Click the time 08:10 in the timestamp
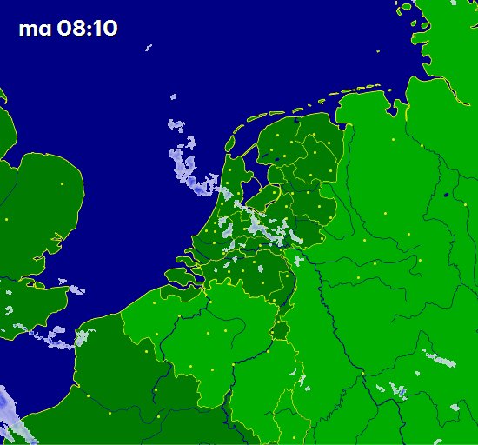point(87,29)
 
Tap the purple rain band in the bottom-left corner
point(12,413)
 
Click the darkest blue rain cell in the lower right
point(402,393)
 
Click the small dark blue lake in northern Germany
point(446,195)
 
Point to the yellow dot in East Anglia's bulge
point(62,184)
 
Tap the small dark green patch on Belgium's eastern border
point(280,331)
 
